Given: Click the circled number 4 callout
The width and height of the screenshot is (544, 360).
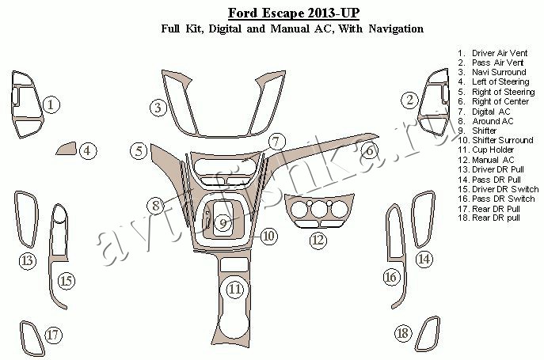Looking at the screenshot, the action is [x=87, y=150].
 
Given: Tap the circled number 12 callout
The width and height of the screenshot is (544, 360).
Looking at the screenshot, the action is [x=318, y=240].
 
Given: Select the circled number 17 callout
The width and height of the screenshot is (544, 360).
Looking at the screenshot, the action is [x=53, y=335].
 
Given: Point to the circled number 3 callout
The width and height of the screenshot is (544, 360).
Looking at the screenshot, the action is [x=158, y=108].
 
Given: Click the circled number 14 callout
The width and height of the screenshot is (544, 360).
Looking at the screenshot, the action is [x=424, y=259].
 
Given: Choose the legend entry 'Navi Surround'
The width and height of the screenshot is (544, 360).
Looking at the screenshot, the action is [x=499, y=72].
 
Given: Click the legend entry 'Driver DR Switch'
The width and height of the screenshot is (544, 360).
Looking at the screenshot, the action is [x=505, y=189].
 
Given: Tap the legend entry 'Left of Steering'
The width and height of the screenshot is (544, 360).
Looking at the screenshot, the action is [x=500, y=81].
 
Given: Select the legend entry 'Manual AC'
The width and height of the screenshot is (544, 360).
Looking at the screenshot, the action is [x=493, y=160].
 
